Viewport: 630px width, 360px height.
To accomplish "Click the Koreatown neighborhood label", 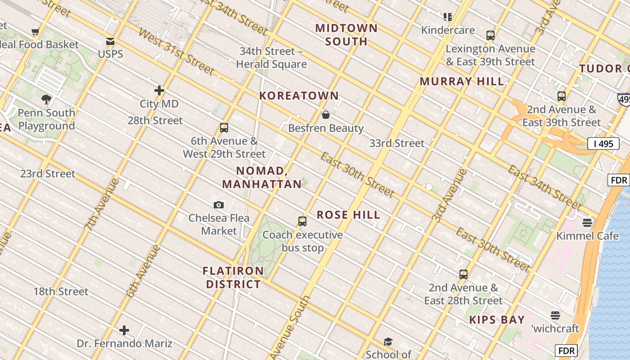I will tap(299, 95).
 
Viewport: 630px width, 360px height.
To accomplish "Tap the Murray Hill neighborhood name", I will tap(462, 81).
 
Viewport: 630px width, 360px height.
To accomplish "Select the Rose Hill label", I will tap(348, 215).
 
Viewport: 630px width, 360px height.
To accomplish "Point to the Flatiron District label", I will tap(233, 277).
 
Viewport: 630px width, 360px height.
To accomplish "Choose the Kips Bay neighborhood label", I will tap(497, 320).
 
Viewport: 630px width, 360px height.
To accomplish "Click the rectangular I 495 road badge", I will tap(603, 144).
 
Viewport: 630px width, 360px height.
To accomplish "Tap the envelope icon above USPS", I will tap(110, 41).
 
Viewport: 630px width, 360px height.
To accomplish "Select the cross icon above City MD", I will tap(159, 90).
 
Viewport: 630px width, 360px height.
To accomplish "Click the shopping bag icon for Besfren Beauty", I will tap(326, 115).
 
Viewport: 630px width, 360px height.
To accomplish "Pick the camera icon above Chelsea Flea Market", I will tap(219, 205).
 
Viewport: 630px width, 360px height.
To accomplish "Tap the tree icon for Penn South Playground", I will tap(46, 99).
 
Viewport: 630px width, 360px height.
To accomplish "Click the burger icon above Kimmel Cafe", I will tap(587, 222).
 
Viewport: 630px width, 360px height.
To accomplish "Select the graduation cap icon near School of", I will tap(388, 342).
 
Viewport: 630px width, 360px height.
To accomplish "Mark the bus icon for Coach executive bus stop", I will tap(302, 221).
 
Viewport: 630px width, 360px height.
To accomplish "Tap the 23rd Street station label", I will tap(48, 174).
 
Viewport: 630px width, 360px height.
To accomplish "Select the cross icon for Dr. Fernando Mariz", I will tap(124, 331).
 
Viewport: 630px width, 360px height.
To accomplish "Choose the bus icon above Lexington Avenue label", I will tap(490, 35).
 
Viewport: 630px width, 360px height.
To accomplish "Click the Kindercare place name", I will tap(448, 30).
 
